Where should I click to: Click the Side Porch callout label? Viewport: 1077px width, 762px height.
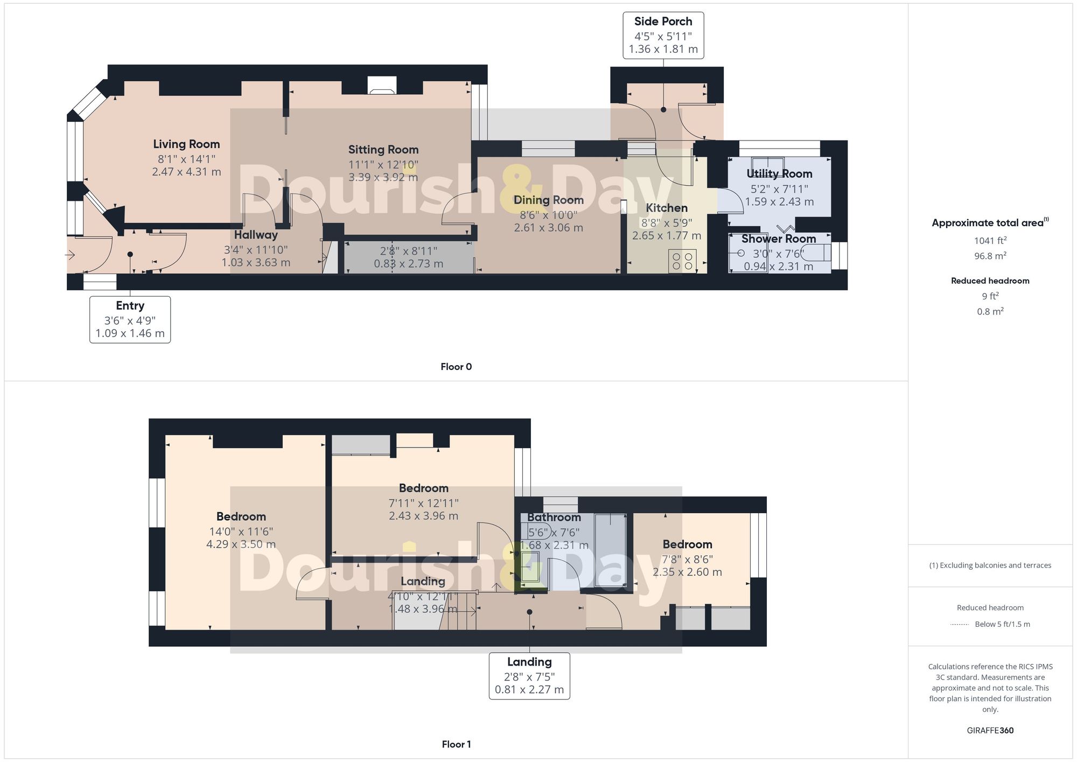click(663, 35)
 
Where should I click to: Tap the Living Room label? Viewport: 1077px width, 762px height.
click(186, 144)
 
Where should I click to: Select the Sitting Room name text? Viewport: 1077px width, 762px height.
click(383, 150)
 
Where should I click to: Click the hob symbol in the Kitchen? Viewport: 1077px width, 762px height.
click(682, 261)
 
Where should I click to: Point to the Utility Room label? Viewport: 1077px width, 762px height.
click(779, 174)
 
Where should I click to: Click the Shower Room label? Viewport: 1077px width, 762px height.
click(778, 239)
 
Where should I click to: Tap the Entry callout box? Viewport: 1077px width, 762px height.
click(130, 319)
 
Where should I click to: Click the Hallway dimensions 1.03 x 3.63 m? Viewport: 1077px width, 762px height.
click(256, 263)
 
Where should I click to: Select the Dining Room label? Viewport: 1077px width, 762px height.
click(548, 200)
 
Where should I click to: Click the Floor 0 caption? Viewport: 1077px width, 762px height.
click(456, 367)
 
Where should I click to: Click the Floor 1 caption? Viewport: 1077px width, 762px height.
click(456, 744)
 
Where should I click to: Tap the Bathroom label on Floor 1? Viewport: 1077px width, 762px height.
click(554, 518)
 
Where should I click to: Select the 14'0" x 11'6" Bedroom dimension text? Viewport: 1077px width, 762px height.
click(241, 532)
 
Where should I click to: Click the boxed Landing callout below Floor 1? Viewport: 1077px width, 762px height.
click(529, 676)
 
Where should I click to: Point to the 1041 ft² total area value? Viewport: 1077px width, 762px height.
click(990, 241)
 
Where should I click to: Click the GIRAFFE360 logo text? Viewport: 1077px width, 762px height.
click(990, 731)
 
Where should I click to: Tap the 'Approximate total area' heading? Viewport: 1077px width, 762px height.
click(990, 223)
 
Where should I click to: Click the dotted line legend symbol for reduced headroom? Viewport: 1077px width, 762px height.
click(960, 625)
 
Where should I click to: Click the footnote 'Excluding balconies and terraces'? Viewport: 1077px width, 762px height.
click(990, 565)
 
